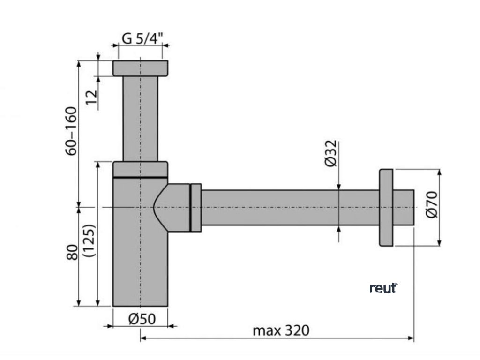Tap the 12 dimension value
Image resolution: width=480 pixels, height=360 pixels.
(91, 96)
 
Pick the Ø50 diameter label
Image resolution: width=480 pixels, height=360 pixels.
(141, 319)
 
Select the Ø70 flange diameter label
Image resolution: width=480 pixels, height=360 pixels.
(432, 204)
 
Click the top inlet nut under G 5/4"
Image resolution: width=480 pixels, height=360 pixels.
(140, 68)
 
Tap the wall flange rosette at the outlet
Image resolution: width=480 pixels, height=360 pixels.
(386, 207)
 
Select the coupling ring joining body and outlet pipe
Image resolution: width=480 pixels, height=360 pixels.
(195, 207)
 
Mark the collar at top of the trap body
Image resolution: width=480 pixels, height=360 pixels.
(140, 169)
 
